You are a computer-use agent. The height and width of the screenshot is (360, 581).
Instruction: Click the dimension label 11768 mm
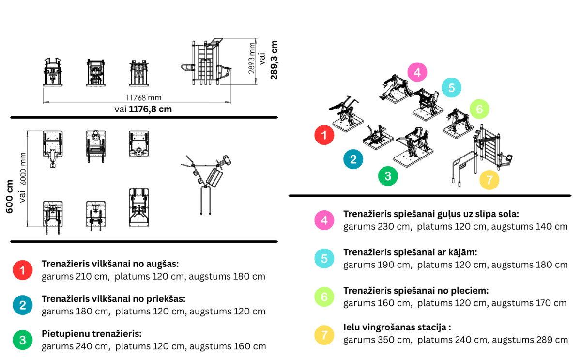(143, 98)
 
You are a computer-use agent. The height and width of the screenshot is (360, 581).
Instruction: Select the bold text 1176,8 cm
(150, 109)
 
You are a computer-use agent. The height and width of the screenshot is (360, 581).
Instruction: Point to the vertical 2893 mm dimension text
(252, 58)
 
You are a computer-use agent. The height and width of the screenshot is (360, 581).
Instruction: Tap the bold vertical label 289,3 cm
(274, 60)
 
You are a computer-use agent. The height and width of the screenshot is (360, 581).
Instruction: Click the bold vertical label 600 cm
(9, 197)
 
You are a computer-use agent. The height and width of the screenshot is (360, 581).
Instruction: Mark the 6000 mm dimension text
(23, 169)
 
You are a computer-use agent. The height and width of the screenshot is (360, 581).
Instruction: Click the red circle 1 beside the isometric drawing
(324, 135)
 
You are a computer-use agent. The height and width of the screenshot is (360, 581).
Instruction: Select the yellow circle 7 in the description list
(324, 335)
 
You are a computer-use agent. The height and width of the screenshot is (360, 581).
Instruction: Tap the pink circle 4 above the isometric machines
(417, 72)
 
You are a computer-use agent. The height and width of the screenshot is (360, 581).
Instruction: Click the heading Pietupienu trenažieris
(92, 334)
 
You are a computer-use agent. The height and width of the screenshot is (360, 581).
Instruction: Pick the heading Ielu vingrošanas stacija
(397, 327)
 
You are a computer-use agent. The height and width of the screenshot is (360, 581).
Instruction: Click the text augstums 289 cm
(530, 340)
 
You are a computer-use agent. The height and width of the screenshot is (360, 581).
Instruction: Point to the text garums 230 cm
(378, 226)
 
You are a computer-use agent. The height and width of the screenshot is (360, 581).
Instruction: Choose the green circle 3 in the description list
(23, 340)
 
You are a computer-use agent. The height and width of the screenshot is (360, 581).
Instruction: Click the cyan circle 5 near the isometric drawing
(451, 88)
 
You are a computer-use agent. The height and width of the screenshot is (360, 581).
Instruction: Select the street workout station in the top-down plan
(206, 185)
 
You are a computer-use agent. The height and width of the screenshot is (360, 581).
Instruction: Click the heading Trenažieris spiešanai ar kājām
(411, 252)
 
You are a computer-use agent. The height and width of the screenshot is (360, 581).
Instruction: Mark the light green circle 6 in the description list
(324, 297)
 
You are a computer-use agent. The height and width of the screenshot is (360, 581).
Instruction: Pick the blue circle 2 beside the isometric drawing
(353, 159)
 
